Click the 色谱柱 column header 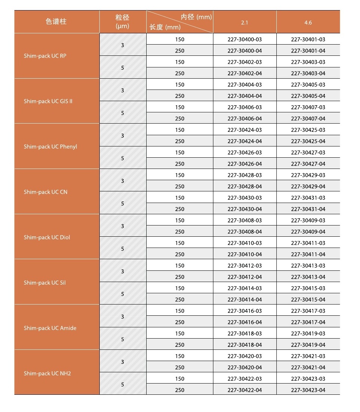pos(56,22)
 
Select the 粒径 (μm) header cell pos(123,22)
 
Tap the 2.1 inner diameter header pos(244,22)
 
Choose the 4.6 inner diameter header pos(308,22)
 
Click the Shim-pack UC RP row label pos(45,56)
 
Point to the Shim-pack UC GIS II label pos(48,101)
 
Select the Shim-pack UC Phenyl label pos(50,146)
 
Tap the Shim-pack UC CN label pos(46,192)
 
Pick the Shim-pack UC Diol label pos(47,237)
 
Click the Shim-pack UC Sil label pos(45,282)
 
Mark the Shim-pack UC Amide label pos(50,328)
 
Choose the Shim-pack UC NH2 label pos(47,373)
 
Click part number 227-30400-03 pos(244,39)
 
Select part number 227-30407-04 pos(308,118)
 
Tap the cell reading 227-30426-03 pos(244,152)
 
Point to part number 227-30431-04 pos(308,209)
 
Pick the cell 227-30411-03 pos(308,243)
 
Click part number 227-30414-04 pos(244,299)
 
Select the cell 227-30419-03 pos(308,333)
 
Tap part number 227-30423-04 pos(308,390)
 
